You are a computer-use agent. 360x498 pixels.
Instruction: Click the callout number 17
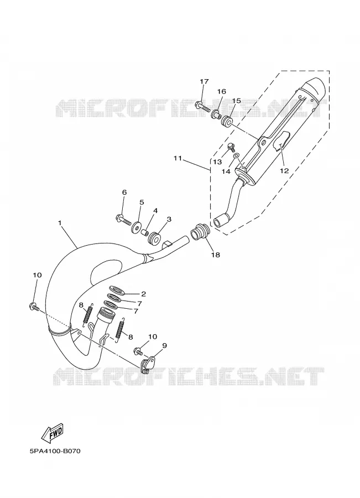204,82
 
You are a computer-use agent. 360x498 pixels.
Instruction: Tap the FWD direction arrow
53,433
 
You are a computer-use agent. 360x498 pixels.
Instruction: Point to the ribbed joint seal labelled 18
200,231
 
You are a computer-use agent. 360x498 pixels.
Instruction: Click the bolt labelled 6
123,219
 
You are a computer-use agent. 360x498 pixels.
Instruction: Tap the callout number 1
60,224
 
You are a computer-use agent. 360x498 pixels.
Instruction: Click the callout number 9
164,345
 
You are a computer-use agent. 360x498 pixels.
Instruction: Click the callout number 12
284,171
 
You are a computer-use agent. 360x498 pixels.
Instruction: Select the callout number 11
178,158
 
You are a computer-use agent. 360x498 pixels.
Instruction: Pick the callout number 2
143,294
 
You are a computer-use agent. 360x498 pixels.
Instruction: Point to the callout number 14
226,171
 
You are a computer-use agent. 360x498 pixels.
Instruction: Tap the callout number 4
155,211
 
